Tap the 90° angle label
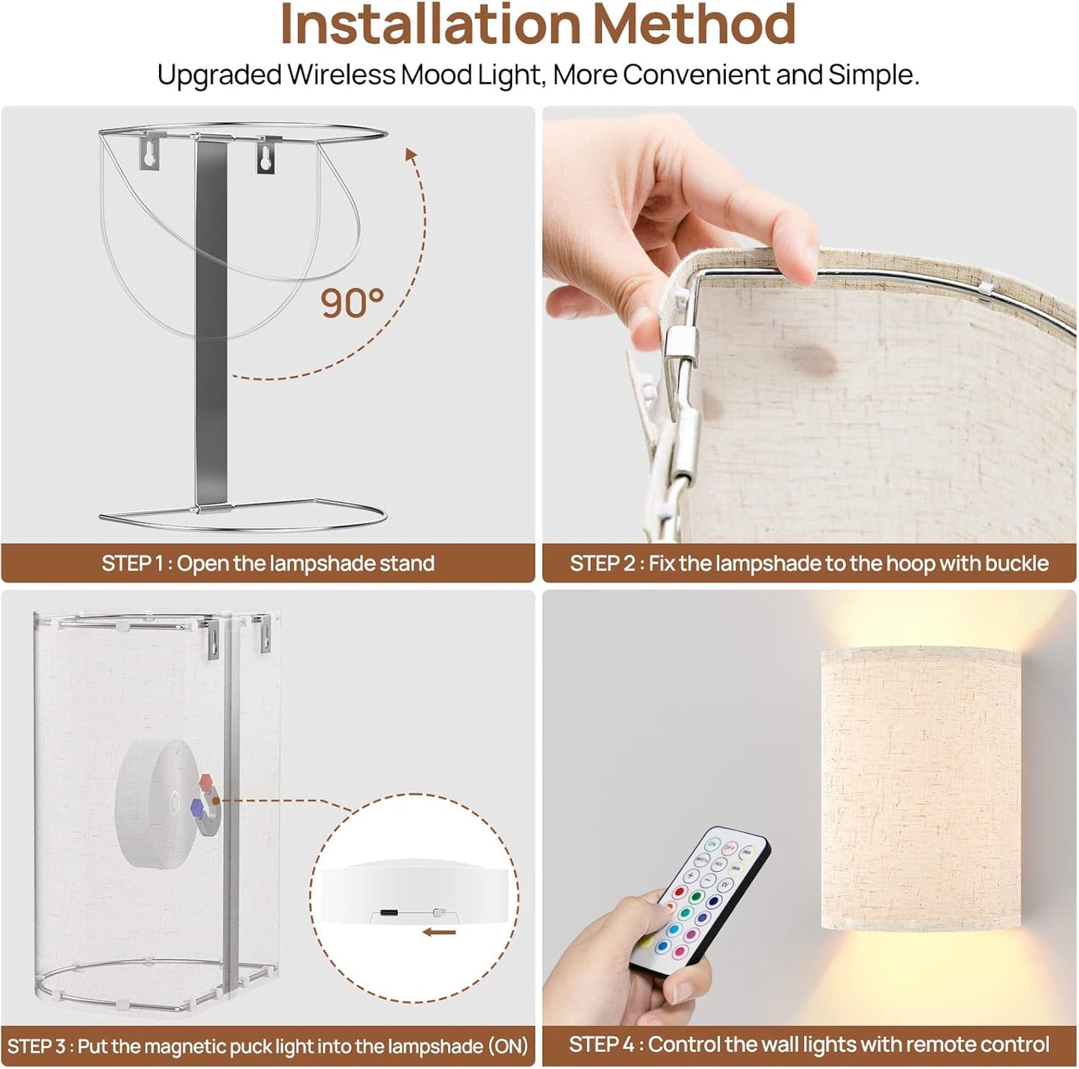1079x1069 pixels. coord(352,303)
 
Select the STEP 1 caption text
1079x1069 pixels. coord(267,563)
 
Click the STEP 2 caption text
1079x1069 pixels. coord(809,563)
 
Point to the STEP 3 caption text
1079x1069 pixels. coord(267,1046)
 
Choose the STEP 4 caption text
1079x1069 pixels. coord(809,1045)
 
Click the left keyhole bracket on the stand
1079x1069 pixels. coord(149,152)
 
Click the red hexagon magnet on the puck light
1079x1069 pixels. coord(206,781)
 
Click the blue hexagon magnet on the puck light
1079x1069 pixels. coord(196,808)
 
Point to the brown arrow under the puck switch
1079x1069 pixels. coord(440,933)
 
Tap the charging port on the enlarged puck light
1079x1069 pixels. coord(389,913)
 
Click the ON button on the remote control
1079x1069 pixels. coord(712,843)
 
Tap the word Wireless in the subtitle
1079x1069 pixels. coord(341,75)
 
